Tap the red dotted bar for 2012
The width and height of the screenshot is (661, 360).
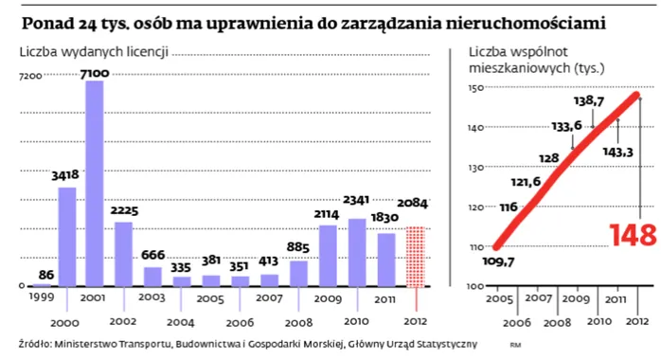[x=416, y=256]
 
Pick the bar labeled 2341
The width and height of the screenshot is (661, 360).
[x=357, y=252]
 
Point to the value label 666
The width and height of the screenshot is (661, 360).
[x=153, y=256]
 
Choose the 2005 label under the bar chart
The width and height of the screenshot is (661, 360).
[x=209, y=297]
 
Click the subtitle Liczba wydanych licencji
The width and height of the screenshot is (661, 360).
[x=94, y=51]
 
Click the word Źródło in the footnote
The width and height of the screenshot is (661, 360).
[x=34, y=343]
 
